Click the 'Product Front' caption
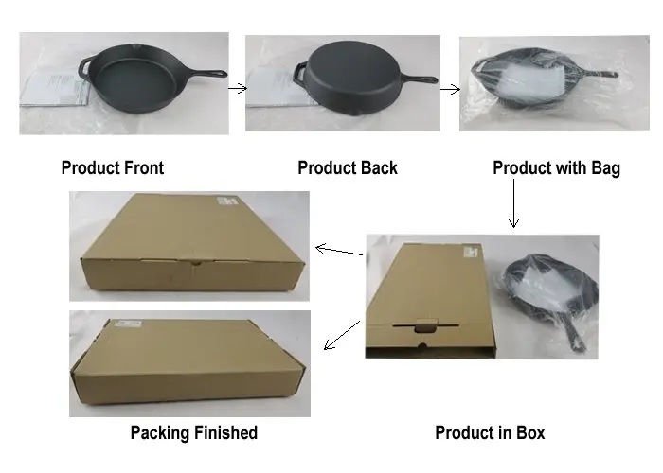pyautogui.click(x=112, y=168)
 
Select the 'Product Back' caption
pyautogui.click(x=348, y=168)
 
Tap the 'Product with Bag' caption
pyautogui.click(x=556, y=168)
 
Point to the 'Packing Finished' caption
pyautogui.click(x=193, y=432)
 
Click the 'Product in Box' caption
pyautogui.click(x=490, y=432)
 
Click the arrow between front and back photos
pyautogui.click(x=238, y=89)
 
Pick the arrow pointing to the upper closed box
pyautogui.click(x=338, y=251)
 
